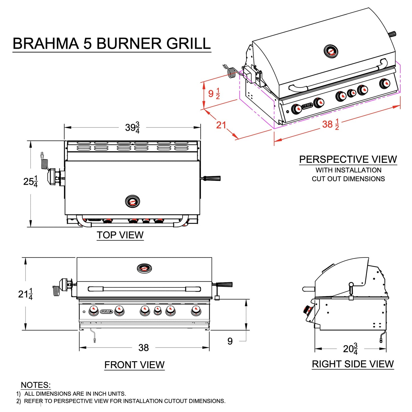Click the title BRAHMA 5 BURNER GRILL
(x=111, y=44)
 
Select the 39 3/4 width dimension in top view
(x=132, y=127)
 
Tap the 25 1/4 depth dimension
(x=31, y=181)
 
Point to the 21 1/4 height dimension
(x=25, y=294)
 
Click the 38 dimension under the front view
(x=143, y=348)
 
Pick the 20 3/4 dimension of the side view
(x=350, y=348)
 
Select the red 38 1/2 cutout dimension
(x=331, y=124)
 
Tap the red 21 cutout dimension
(x=221, y=125)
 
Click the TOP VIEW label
(x=120, y=235)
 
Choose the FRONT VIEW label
(x=134, y=365)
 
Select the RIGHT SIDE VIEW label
(x=353, y=364)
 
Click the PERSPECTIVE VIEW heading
(x=348, y=159)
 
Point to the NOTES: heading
(x=36, y=385)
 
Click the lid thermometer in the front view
(x=144, y=268)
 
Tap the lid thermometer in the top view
(x=133, y=202)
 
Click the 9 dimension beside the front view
(x=230, y=341)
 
